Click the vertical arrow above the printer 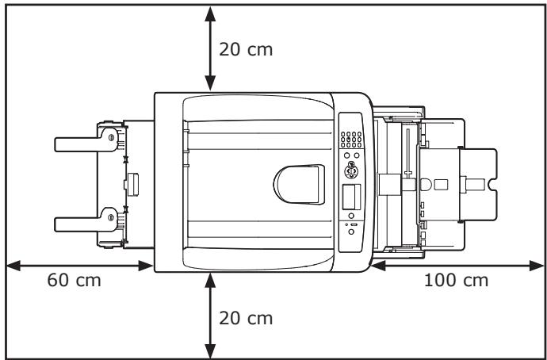click(210, 48)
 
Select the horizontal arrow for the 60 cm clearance click(79, 266)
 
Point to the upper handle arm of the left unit click(83, 143)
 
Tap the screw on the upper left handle click(109, 137)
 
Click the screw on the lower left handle click(109, 214)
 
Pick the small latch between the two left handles click(132, 183)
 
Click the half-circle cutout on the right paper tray click(426, 184)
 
